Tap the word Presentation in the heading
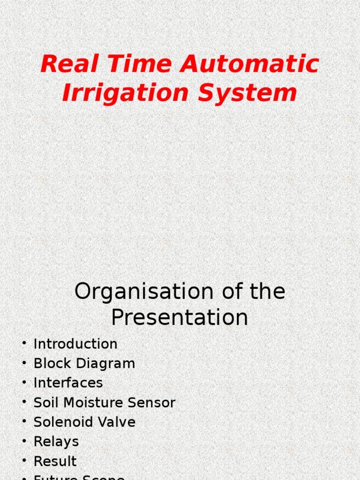[x=180, y=318]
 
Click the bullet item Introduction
[x=75, y=344]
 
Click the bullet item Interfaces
[x=68, y=383]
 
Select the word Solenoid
[x=57, y=422]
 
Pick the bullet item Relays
[x=56, y=442]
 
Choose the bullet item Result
[x=55, y=461]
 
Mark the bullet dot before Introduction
[x=24, y=344]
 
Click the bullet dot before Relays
[x=24, y=441]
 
